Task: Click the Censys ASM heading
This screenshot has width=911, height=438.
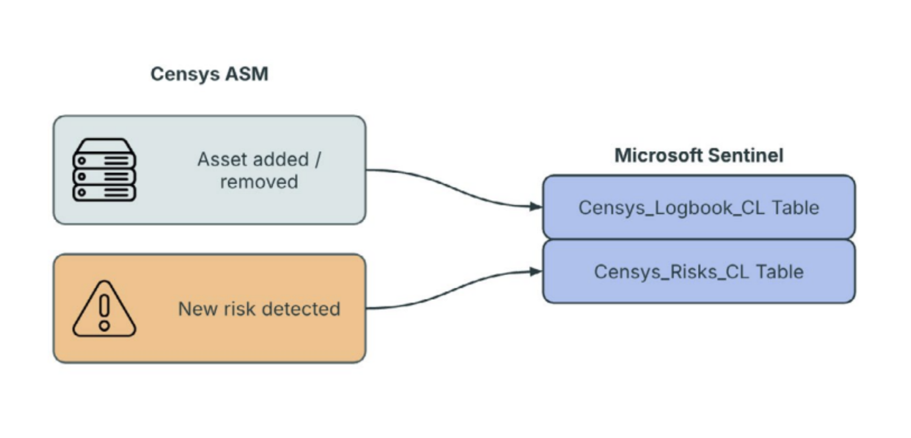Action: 209,74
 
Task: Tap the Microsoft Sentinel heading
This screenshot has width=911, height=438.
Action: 698,155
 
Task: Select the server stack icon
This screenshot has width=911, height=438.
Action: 104,169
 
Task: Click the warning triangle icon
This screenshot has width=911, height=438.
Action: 104,309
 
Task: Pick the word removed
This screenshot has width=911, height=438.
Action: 259,182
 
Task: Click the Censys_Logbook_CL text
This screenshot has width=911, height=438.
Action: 671,208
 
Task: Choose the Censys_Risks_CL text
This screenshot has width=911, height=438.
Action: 671,272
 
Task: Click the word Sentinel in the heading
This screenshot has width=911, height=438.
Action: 745,155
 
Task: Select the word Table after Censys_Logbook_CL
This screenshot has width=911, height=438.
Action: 796,208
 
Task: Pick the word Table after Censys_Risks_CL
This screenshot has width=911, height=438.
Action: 780,272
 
